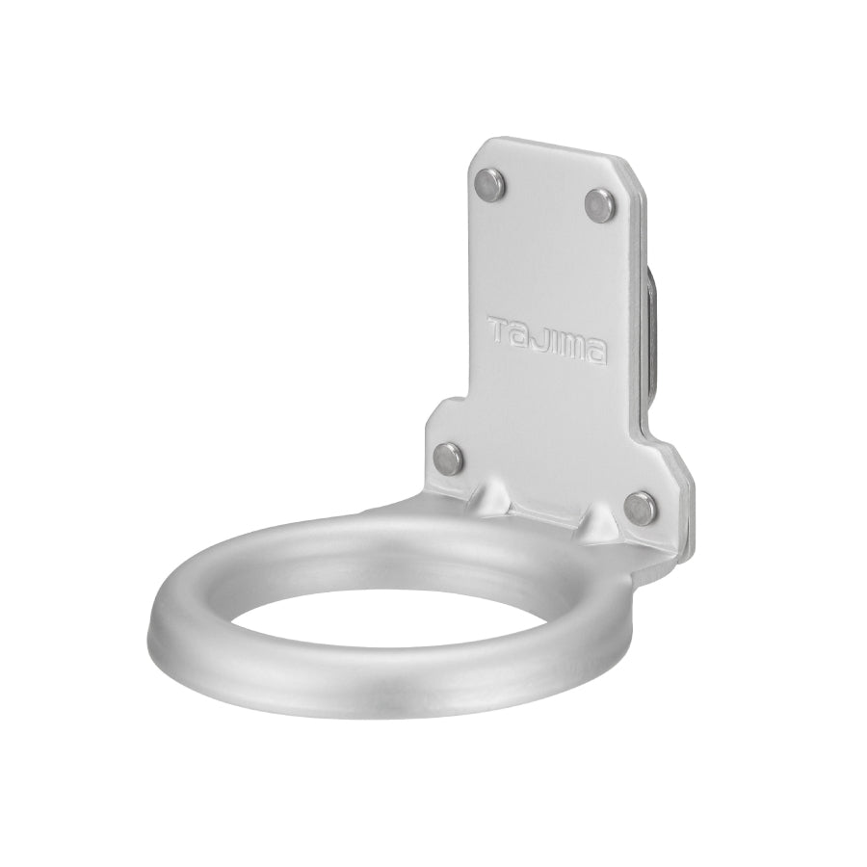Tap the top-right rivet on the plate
[599, 202]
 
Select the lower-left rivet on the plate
[447, 457]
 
